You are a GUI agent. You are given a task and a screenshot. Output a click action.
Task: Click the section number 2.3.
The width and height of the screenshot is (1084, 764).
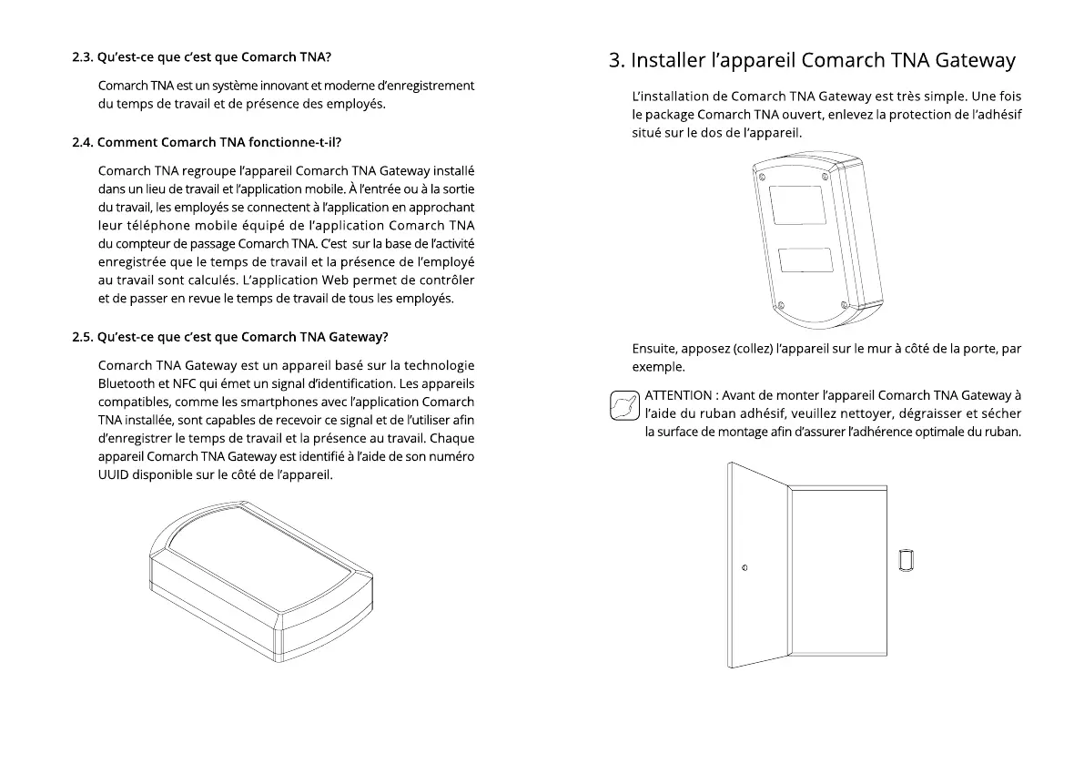click(82, 56)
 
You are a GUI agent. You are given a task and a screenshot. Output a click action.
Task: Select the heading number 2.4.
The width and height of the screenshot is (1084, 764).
click(82, 142)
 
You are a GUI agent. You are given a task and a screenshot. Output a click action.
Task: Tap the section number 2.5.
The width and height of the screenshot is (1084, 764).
click(82, 337)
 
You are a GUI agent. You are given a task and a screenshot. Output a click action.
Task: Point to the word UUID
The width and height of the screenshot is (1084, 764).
click(114, 474)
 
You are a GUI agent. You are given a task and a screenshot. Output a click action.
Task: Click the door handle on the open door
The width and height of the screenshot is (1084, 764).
click(745, 568)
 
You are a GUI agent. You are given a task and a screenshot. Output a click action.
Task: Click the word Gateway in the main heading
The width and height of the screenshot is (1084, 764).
click(971, 61)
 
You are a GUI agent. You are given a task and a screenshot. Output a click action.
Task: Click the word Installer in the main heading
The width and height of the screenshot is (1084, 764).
click(667, 61)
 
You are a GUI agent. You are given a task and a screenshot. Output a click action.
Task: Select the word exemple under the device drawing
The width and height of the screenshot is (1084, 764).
click(657, 367)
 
